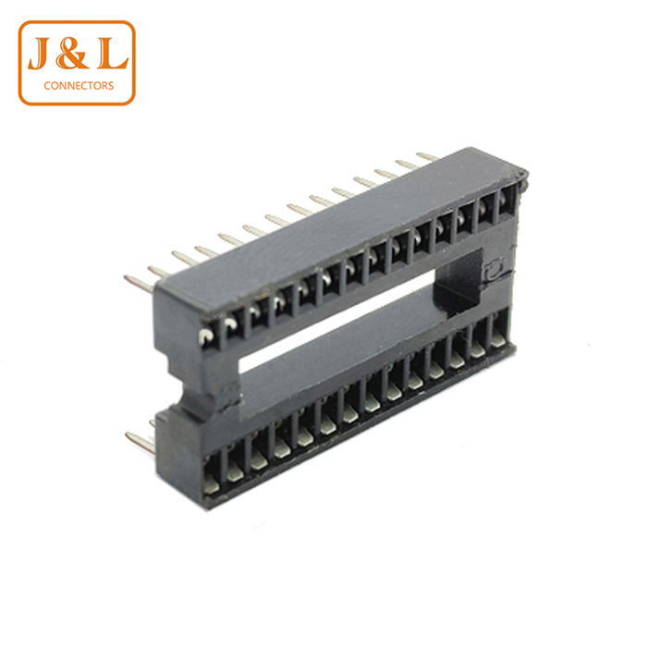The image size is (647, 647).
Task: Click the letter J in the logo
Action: click(x=41, y=53)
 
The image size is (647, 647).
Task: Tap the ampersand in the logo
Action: click(x=72, y=53)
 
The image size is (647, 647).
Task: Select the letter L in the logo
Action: click(x=112, y=53)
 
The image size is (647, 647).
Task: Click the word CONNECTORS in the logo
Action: click(x=79, y=86)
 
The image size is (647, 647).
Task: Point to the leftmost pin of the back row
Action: click(x=139, y=284)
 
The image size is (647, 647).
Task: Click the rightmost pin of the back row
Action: click(x=427, y=156)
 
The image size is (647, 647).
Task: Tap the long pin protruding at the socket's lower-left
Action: click(x=140, y=443)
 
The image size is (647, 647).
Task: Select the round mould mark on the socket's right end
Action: click(x=493, y=270)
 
